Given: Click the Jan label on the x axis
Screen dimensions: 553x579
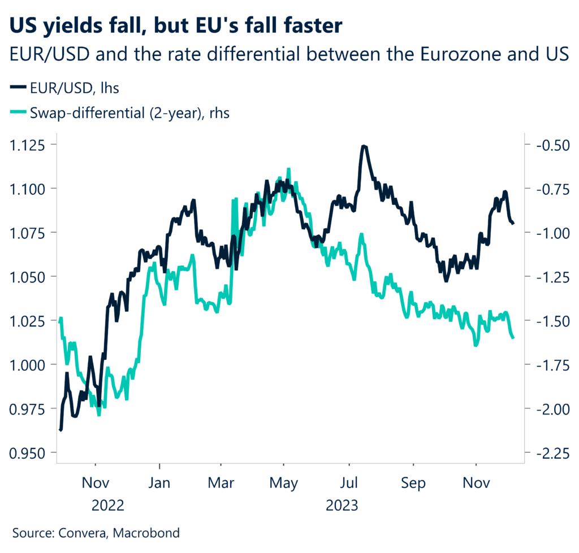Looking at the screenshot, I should (160, 484).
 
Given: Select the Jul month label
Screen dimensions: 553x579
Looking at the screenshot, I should (349, 484).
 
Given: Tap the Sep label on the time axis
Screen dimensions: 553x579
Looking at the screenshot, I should (413, 484).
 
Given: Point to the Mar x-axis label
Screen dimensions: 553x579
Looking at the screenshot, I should (222, 484).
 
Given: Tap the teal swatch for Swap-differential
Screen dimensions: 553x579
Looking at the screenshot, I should (18, 113).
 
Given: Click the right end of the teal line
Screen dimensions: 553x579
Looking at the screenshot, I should (513, 338).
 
